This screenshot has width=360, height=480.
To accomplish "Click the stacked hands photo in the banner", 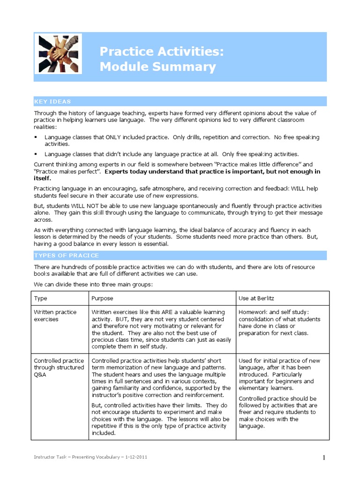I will (60, 54).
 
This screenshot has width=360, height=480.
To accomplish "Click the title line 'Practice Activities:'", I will (162, 52).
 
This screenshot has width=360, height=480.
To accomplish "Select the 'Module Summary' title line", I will (157, 67).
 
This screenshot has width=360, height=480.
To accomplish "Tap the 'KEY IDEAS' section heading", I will (52, 102).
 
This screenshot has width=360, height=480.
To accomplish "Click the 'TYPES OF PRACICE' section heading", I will (66, 255).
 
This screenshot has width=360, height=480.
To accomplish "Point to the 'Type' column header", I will (40, 298).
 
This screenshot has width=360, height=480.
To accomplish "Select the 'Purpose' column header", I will (102, 298).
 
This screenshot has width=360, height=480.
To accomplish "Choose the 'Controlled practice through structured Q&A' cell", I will (59, 367).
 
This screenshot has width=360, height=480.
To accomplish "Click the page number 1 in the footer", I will (324, 458).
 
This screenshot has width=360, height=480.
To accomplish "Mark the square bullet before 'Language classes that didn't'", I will (36, 154).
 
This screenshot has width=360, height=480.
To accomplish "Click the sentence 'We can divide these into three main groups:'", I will (93, 285).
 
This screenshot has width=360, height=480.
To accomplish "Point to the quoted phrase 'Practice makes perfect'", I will (66, 172).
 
